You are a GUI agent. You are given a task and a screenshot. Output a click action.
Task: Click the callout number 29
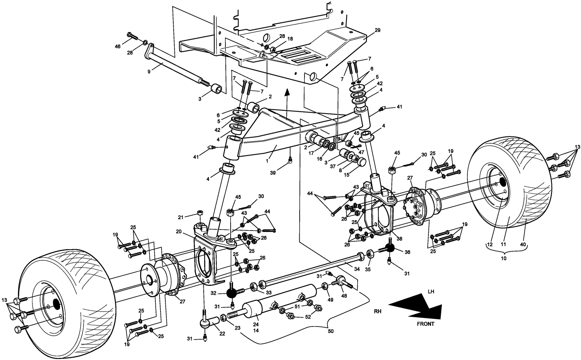[377, 30]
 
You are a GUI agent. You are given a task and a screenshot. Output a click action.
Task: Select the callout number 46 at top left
[118, 46]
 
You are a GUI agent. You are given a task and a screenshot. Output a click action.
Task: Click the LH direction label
[431, 292]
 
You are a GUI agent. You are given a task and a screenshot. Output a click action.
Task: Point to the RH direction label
[378, 311]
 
